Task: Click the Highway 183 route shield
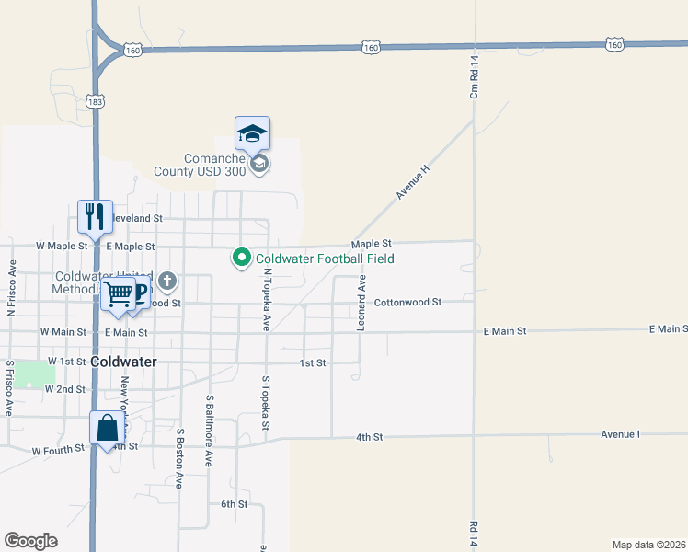point(95,101)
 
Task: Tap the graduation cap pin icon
point(252,134)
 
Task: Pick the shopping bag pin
point(108,429)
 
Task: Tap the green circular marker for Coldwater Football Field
point(242,259)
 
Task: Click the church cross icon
point(166,281)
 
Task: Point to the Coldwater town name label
point(123,362)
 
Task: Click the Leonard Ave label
point(361,303)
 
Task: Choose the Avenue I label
point(620,433)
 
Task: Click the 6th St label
point(234,504)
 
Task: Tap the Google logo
point(30,541)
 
